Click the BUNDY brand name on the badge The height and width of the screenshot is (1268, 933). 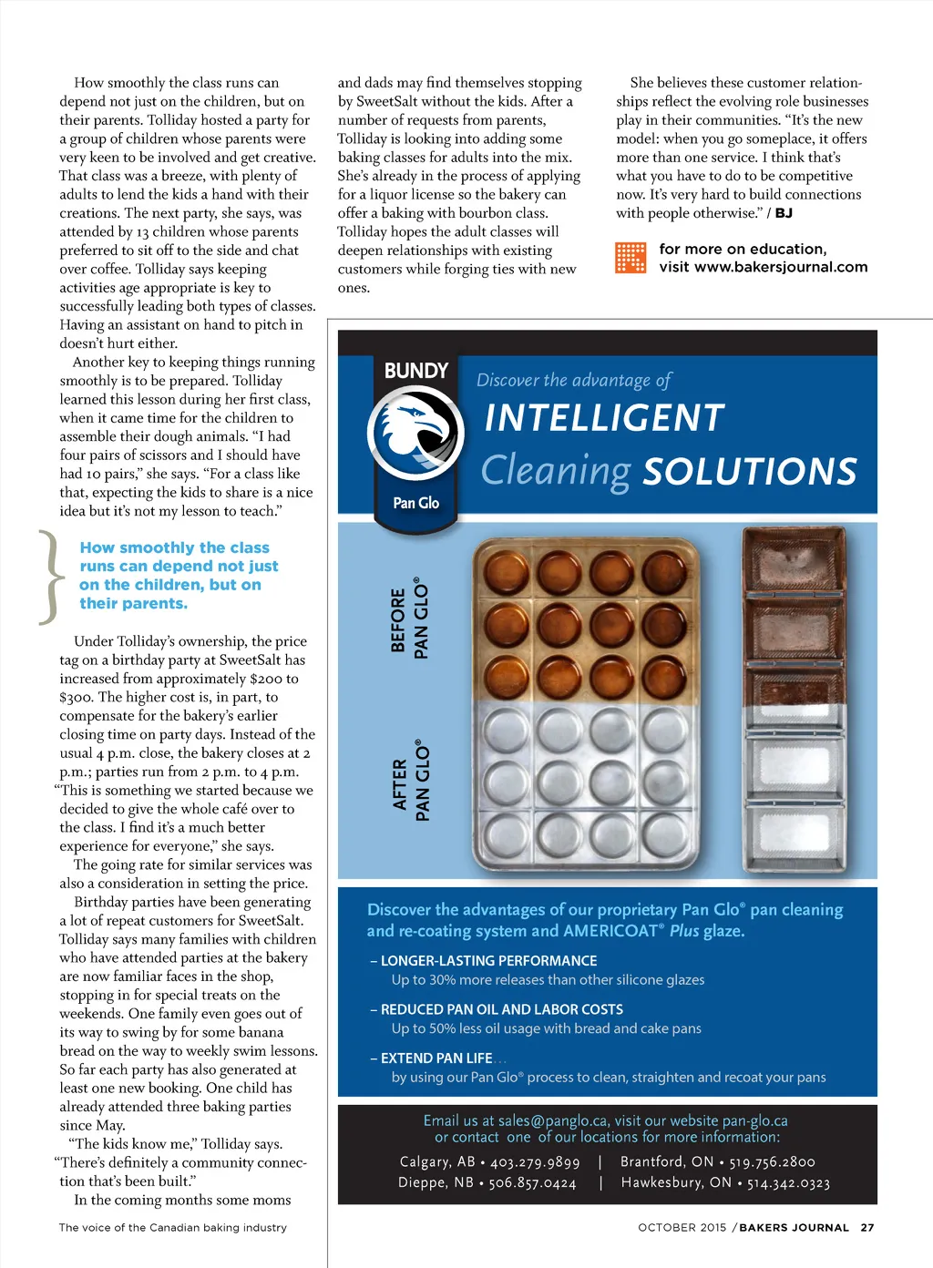pos(416,371)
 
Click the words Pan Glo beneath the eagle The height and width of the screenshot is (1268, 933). pos(416,503)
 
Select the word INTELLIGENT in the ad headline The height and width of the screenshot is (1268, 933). pos(604,418)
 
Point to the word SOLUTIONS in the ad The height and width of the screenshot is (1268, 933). pos(750,472)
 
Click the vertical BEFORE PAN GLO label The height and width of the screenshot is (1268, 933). pos(409,619)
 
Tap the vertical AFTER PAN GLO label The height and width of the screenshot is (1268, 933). pos(410,782)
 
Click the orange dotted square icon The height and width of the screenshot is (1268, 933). pos(631,258)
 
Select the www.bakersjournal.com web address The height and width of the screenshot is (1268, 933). pos(781,267)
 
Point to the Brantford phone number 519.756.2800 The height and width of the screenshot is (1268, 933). pos(772,1162)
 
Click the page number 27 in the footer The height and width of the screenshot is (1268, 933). pos(867,1228)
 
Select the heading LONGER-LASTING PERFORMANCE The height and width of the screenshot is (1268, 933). pos(488,961)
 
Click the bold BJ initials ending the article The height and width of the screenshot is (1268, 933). pos(784,213)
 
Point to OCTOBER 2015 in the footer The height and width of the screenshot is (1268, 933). pos(682,1228)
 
